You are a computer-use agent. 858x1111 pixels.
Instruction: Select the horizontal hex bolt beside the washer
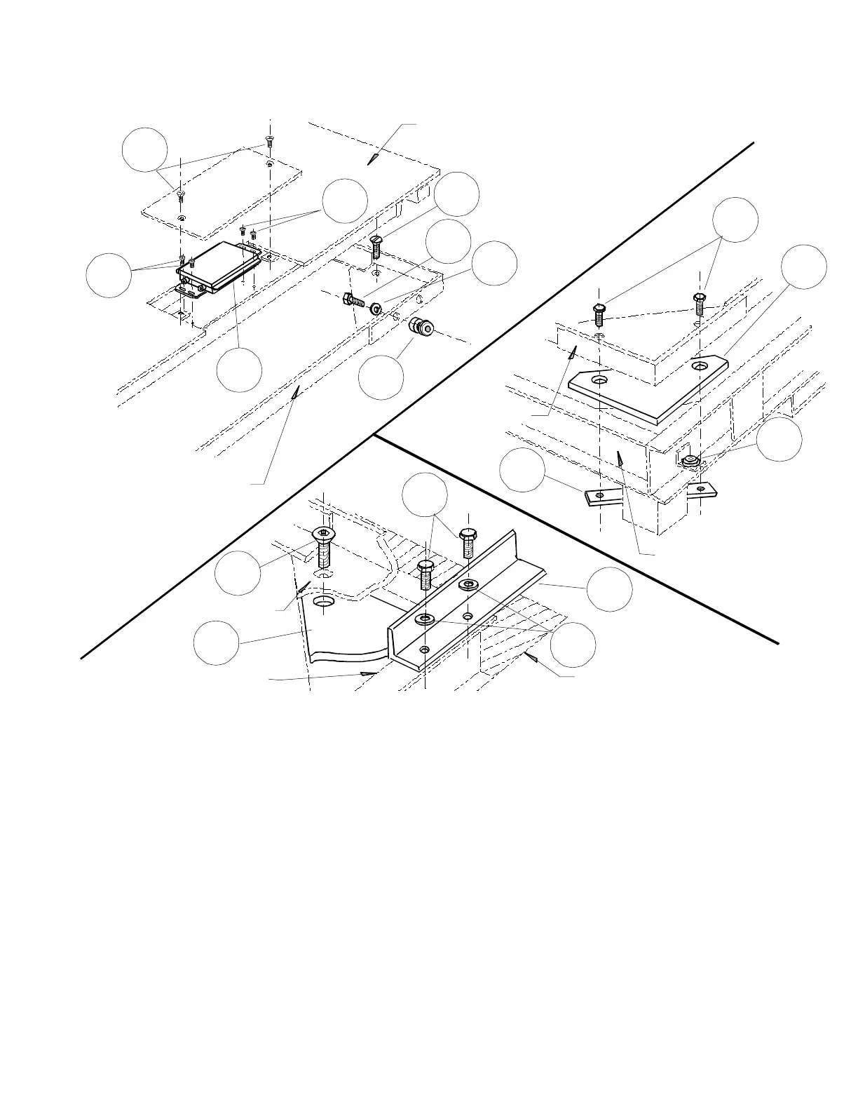coord(352,302)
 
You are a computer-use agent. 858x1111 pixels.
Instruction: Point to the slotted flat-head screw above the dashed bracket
coord(375,246)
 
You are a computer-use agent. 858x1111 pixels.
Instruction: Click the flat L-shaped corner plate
coord(648,389)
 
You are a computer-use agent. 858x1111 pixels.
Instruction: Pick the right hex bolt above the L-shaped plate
coord(699,304)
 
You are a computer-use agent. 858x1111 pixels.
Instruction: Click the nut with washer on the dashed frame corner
coord(689,460)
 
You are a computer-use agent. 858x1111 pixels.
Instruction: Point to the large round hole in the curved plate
coord(325,602)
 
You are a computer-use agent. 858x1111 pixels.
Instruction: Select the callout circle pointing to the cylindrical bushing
coord(381,376)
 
